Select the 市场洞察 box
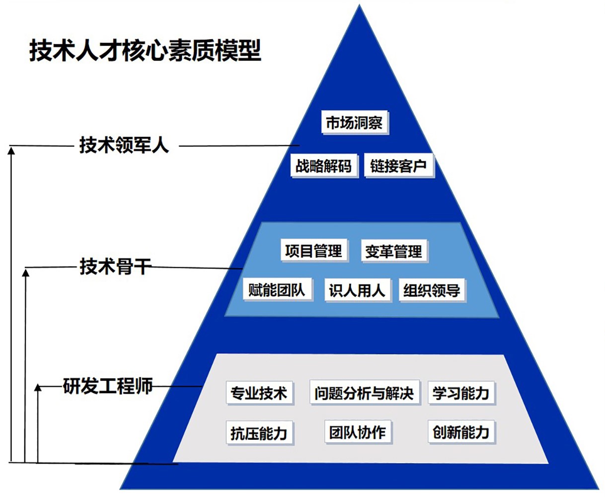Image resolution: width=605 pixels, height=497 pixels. coord(354,122)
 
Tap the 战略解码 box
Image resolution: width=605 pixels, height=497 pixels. coord(323,166)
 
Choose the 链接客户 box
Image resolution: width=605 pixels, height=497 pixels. coord(398,166)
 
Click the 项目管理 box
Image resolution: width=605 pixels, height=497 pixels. coord(313,250)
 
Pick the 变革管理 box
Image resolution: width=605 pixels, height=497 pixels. coord(393,251)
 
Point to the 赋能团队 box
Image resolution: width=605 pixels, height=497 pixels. coord(277,289)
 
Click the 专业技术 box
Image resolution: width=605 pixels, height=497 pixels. coord(259,393)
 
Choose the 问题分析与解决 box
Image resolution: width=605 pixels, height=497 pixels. coord(364,393)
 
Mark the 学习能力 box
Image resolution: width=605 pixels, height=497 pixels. coord(461,393)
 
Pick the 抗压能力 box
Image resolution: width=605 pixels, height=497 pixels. coord(259,432)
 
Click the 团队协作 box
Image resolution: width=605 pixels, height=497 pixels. coord(357,432)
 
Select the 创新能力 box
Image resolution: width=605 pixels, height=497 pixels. coord(461,432)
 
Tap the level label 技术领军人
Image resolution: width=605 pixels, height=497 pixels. coord(124,145)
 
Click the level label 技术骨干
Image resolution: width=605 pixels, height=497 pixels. coord(115,267)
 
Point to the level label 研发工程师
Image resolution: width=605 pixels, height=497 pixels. coord(108,386)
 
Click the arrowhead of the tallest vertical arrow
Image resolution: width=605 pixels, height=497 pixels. coord(12,150)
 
